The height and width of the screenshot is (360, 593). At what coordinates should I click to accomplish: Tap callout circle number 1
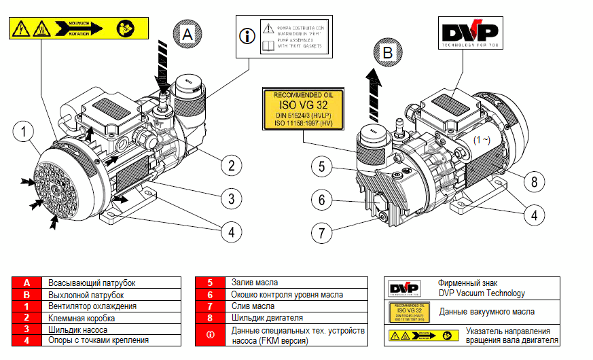coord(23,130)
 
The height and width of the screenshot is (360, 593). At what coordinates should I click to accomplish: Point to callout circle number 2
coord(231,165)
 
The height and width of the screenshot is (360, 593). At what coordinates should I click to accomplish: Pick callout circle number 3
coord(231,198)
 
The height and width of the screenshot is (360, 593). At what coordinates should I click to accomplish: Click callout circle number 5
coord(323,166)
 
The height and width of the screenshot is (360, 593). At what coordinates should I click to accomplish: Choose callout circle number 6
coord(323,200)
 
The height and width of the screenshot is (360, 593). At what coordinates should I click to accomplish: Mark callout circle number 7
coord(323,232)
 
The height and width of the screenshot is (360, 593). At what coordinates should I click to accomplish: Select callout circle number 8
coord(534,181)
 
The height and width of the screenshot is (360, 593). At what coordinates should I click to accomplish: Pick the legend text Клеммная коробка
coord(82,318)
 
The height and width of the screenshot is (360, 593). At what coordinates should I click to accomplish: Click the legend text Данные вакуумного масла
coord(486,312)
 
